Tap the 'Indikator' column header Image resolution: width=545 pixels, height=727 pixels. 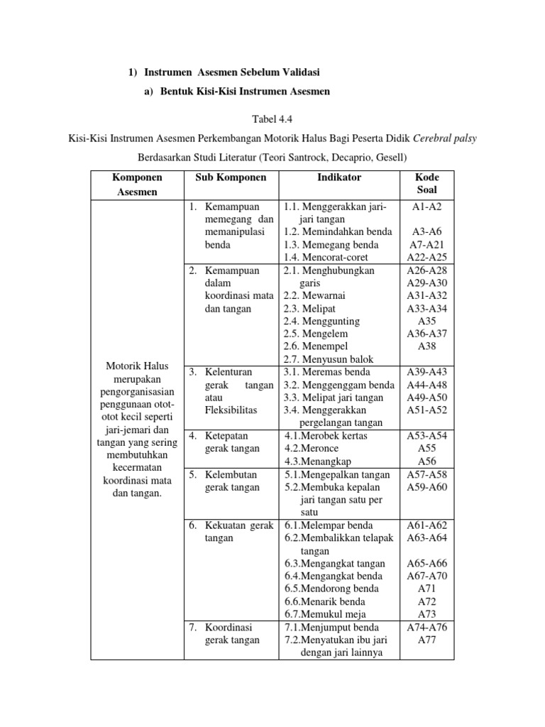pos(340,177)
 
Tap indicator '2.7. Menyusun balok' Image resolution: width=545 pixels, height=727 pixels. pos(329,359)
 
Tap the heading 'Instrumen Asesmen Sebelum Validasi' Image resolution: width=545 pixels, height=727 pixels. pos(233,73)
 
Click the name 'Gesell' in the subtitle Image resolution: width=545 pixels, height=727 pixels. pos(394,156)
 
